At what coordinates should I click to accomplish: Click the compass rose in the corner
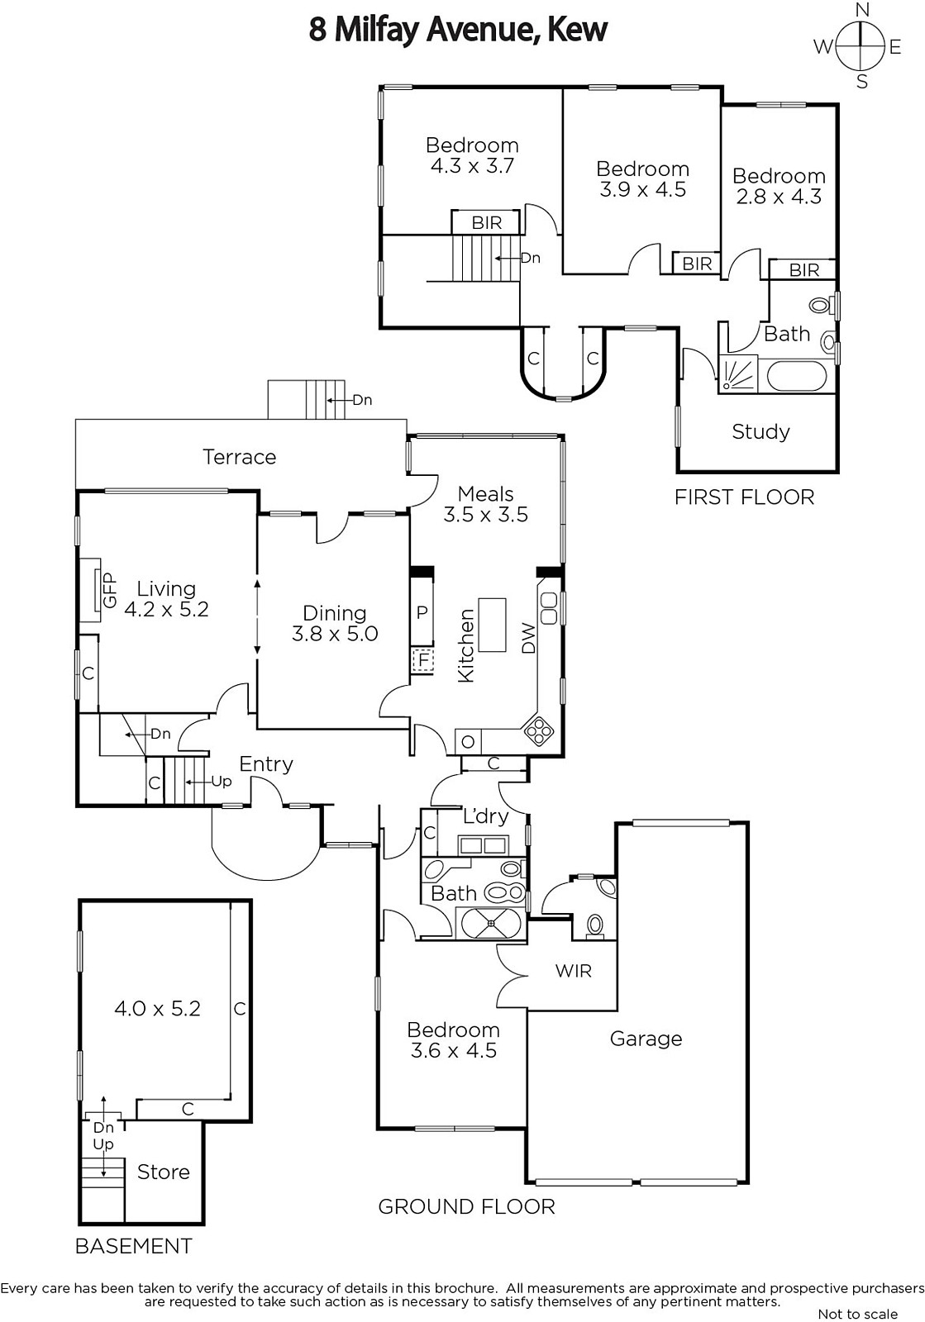(x=861, y=46)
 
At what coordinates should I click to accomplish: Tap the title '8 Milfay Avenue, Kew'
(x=458, y=30)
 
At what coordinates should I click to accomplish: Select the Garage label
(x=646, y=1039)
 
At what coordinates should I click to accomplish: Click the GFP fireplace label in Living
(x=109, y=590)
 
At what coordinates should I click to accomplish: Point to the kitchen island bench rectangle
(x=492, y=625)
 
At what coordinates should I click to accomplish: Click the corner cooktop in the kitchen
(x=540, y=730)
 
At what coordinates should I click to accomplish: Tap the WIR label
(x=574, y=971)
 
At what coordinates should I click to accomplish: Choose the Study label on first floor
(x=761, y=431)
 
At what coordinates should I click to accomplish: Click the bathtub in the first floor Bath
(x=797, y=376)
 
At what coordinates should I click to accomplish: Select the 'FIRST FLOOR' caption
(x=744, y=497)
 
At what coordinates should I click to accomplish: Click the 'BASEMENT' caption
(x=133, y=1246)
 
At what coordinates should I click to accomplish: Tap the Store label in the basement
(x=163, y=1172)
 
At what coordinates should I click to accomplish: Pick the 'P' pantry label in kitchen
(x=422, y=612)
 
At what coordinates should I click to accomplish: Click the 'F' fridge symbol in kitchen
(x=423, y=660)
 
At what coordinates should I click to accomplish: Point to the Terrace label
(x=239, y=457)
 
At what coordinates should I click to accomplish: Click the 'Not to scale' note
(x=857, y=1314)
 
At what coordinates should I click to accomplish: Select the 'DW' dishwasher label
(x=528, y=638)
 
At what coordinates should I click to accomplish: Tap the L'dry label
(x=485, y=816)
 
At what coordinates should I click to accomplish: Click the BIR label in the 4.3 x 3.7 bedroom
(x=486, y=222)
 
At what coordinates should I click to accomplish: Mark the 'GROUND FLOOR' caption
(x=466, y=1206)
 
